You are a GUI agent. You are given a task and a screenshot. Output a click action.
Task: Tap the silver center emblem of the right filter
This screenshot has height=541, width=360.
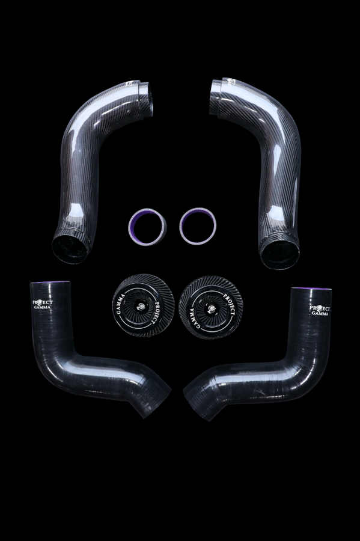coord(210,308)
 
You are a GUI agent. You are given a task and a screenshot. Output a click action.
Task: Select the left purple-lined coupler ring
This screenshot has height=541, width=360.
coord(147,225)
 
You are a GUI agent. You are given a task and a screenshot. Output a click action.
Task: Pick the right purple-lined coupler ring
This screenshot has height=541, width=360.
coord(198,225)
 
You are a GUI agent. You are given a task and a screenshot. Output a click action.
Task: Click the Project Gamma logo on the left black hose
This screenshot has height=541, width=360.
coord(43,304)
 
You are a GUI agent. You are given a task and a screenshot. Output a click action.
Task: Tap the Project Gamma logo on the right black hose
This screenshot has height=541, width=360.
coord(319,310)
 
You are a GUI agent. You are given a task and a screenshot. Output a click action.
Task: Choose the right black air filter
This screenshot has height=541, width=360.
coord(210,307)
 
